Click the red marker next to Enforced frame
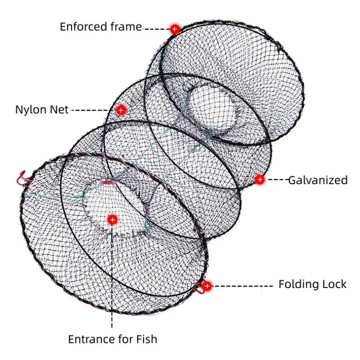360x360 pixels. tap(175, 29)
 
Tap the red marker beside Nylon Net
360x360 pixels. tap(121, 110)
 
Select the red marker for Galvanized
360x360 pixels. tap(260, 180)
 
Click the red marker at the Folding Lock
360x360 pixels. tap(207, 286)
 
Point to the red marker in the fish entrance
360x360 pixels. tap(112, 220)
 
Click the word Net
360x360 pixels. tap(59, 110)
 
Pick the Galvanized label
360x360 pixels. tap(318, 180)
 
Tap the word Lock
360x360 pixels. tap(334, 284)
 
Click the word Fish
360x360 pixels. tap(145, 339)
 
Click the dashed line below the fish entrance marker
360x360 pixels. tap(112, 279)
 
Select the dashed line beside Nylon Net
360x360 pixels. tap(92, 110)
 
